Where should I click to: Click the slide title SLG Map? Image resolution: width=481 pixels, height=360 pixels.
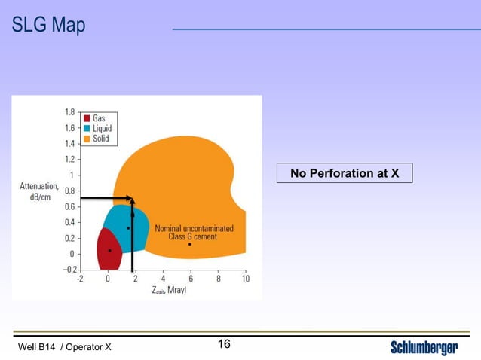(48, 26)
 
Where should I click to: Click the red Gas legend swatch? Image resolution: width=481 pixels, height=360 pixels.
(87, 118)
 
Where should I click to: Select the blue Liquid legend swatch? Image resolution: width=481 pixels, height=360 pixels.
(87, 128)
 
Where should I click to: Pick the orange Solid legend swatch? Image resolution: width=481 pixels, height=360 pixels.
(87, 139)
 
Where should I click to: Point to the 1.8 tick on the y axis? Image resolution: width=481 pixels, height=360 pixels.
(69, 111)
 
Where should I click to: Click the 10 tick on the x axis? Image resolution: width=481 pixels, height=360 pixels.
(245, 279)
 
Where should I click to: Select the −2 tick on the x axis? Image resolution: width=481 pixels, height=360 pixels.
(80, 279)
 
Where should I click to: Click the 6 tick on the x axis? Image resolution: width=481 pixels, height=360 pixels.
(190, 279)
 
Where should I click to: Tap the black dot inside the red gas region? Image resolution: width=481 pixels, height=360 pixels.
(109, 250)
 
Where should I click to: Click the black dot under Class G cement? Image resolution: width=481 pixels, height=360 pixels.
(190, 244)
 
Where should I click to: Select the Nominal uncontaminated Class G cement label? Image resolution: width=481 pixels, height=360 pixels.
(194, 232)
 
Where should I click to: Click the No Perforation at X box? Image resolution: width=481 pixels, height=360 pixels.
(345, 173)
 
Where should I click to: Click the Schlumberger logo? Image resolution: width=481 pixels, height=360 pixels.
(424, 347)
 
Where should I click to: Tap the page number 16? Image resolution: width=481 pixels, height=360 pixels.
(224, 345)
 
